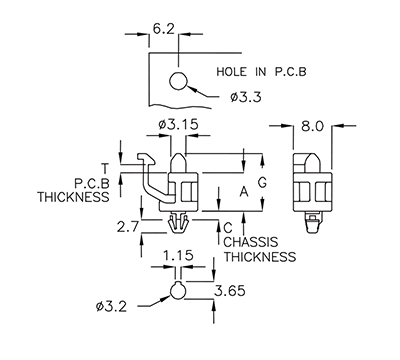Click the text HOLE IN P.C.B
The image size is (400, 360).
(x=259, y=73)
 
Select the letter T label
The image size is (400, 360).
(x=104, y=167)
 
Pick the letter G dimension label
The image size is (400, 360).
(x=262, y=183)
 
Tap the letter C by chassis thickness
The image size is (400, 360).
(x=228, y=228)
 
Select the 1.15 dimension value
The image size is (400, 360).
(x=177, y=257)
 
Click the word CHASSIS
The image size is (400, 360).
(x=251, y=243)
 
